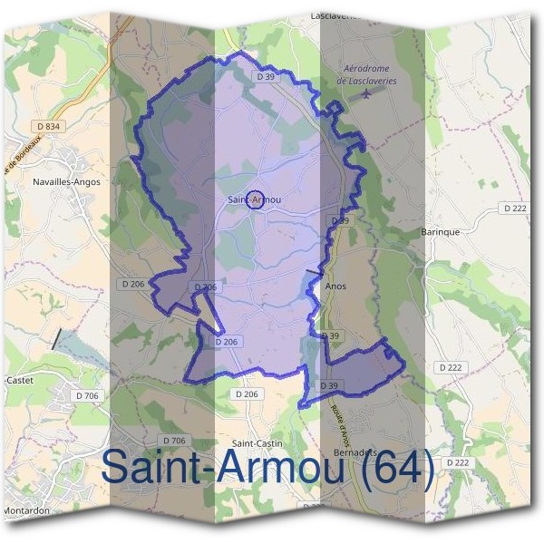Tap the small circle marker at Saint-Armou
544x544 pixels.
256,200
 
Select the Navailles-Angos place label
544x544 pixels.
65,181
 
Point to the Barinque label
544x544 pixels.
442,231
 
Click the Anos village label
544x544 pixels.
335,286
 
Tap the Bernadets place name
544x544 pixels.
355,452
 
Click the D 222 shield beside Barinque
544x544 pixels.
515,209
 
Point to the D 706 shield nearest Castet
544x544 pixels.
87,396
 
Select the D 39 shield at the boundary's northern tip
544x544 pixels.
265,78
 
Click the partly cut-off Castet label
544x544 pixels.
18,380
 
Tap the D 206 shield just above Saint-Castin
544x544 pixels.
246,394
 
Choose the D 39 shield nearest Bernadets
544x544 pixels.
329,386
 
